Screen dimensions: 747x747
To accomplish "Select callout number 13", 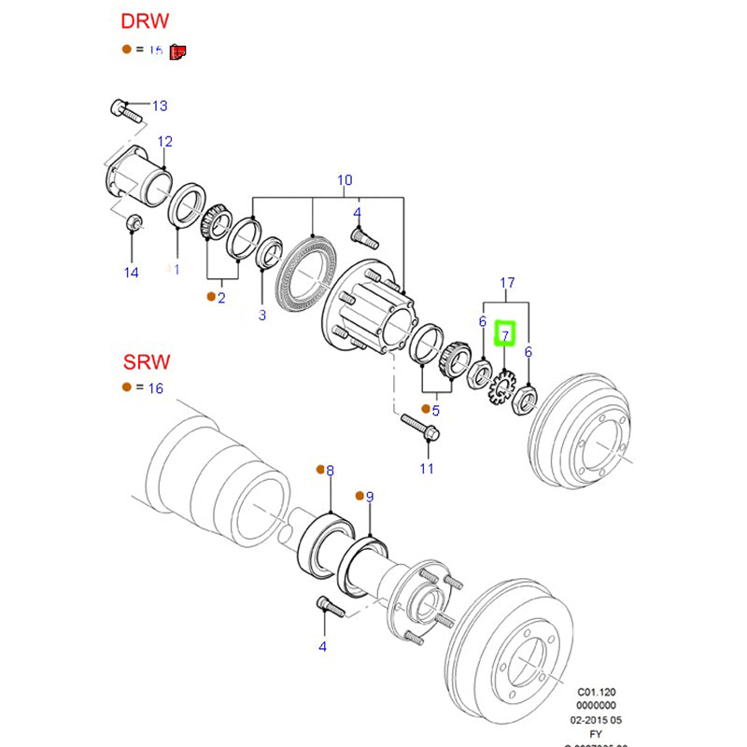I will pyautogui.click(x=160, y=106).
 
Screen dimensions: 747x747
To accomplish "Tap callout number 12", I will pyautogui.click(x=164, y=142).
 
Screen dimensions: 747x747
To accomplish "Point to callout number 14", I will pyautogui.click(x=131, y=272).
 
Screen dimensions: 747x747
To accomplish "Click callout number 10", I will pyautogui.click(x=345, y=179).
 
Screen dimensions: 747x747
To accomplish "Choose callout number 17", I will pyautogui.click(x=507, y=282).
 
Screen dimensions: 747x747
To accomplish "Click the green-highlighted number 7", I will pyautogui.click(x=504, y=332).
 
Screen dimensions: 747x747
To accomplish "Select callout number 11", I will pyautogui.click(x=427, y=468).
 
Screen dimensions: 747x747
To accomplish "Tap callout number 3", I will pyautogui.click(x=262, y=315).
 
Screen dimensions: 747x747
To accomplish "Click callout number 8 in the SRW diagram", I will pyautogui.click(x=330, y=472).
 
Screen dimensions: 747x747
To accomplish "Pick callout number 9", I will pyautogui.click(x=369, y=497).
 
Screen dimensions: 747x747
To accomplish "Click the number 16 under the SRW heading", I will pyautogui.click(x=154, y=388).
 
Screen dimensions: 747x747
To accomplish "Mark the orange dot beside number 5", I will pyautogui.click(x=425, y=409).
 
